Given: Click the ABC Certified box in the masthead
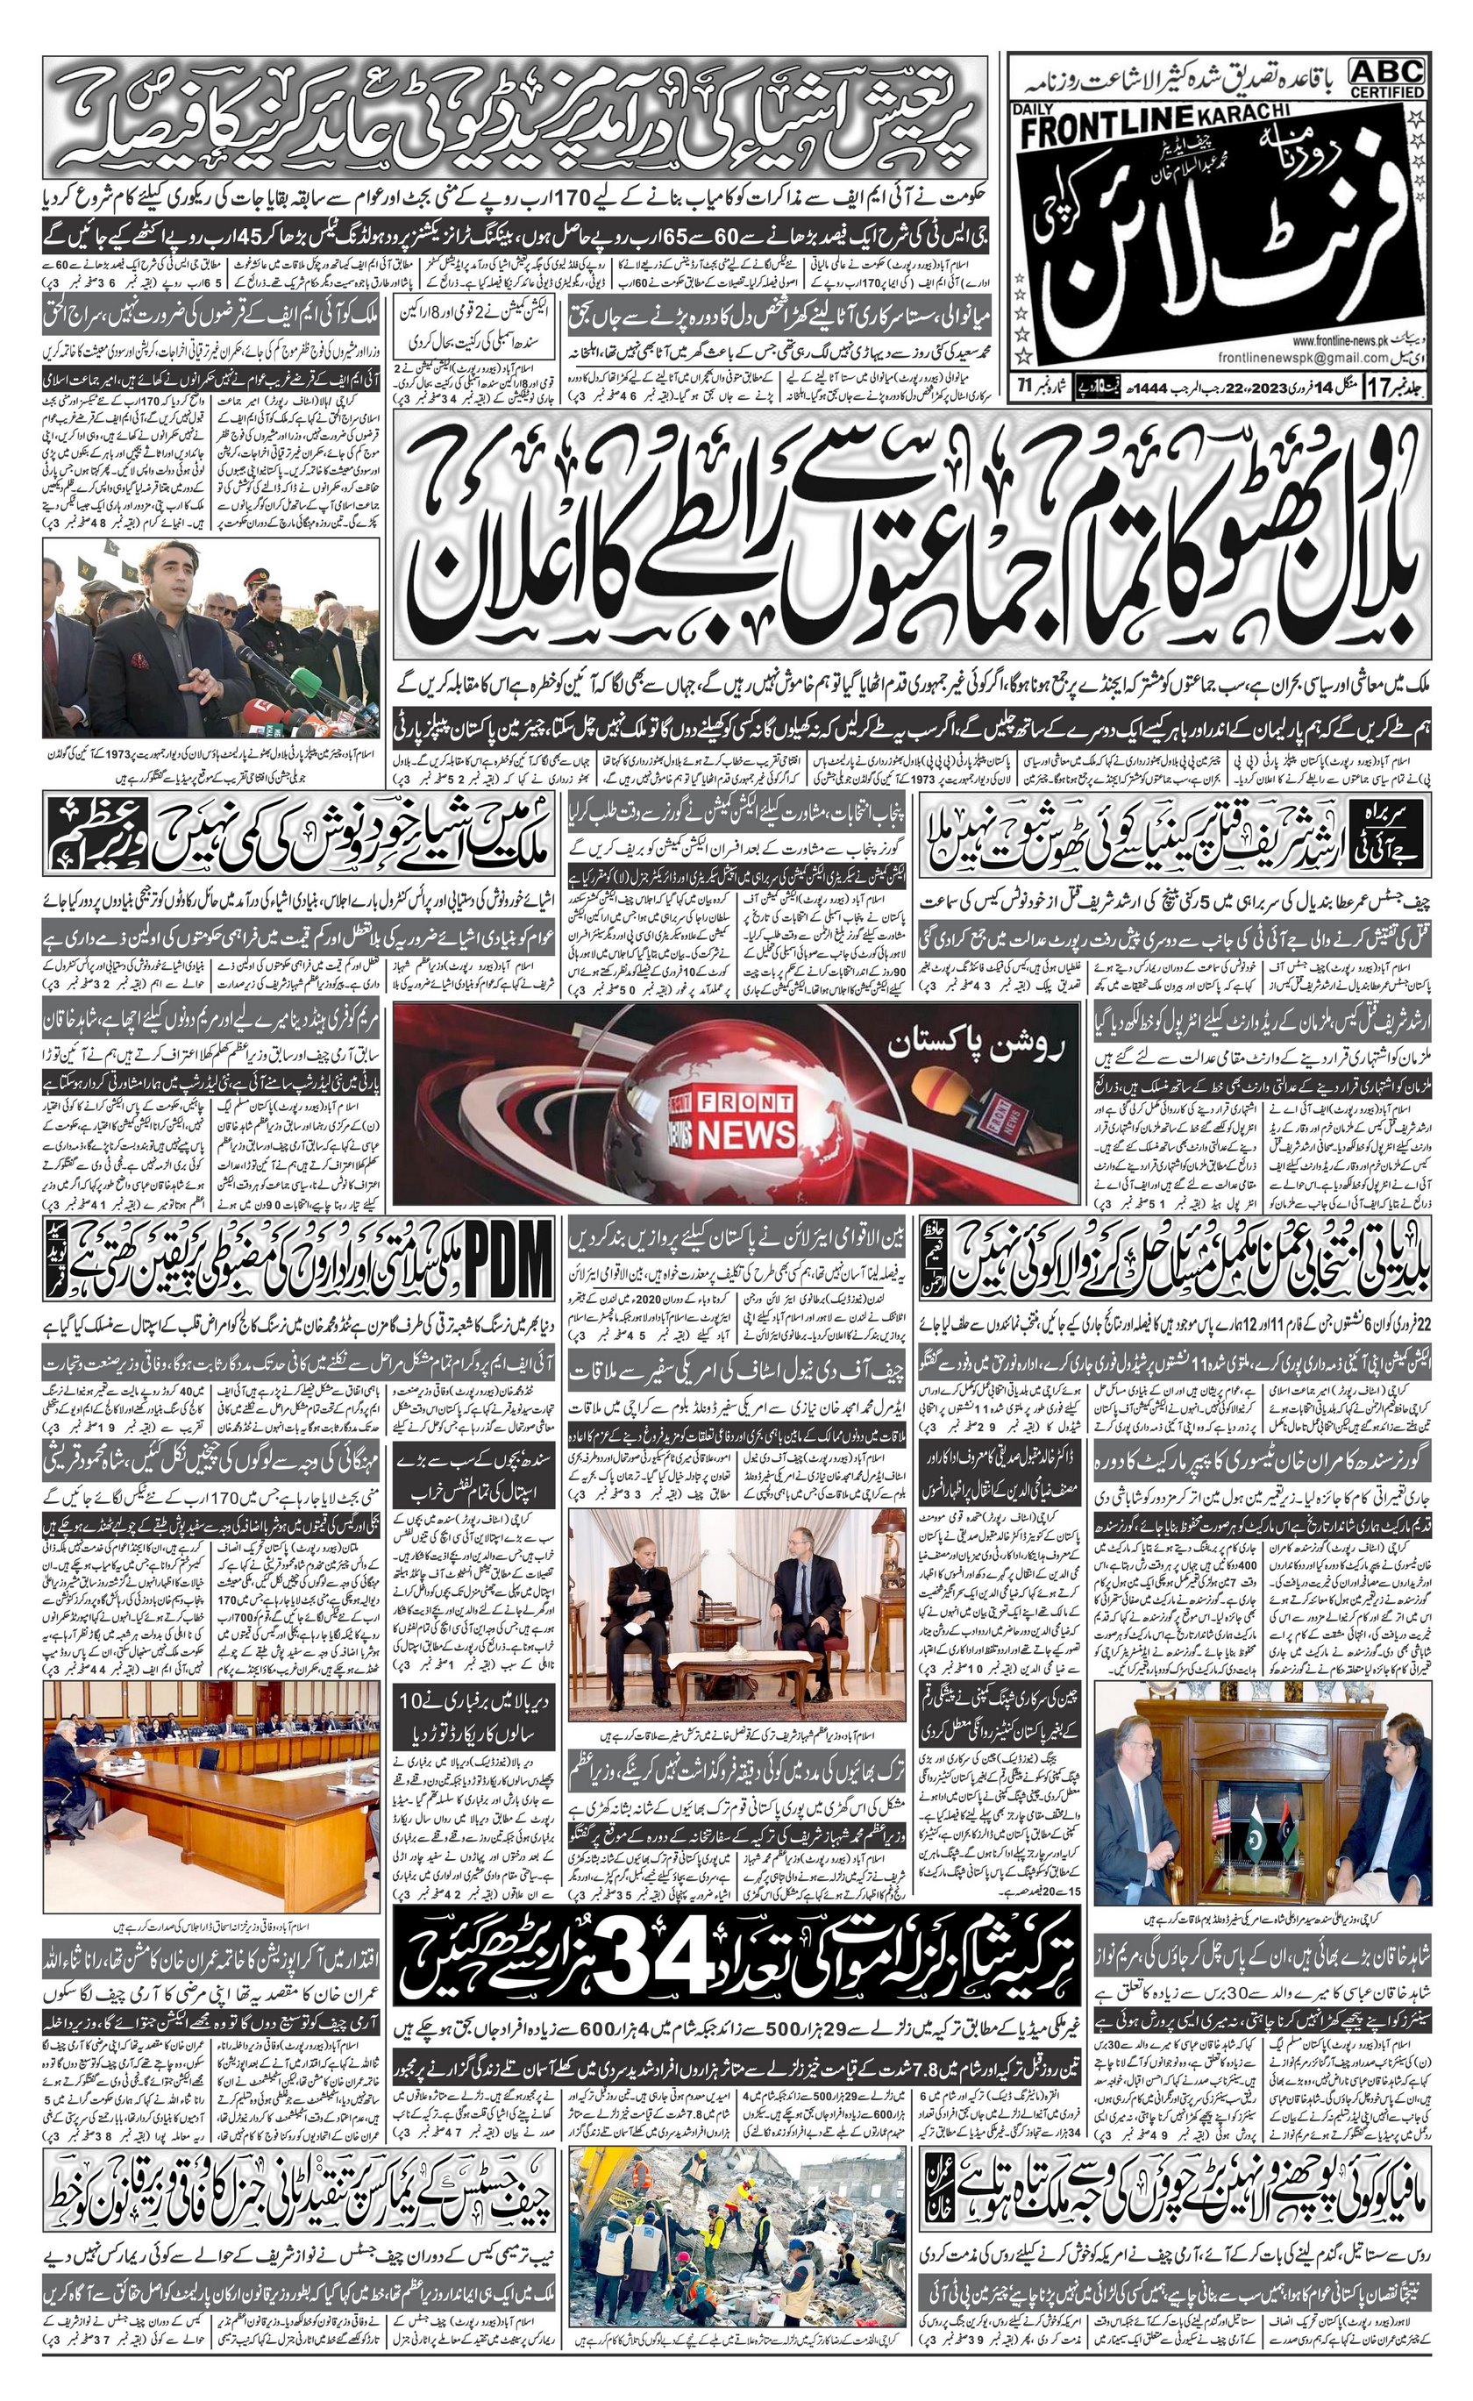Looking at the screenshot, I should (x=1386, y=77).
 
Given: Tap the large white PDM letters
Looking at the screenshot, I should (x=509, y=1263).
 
